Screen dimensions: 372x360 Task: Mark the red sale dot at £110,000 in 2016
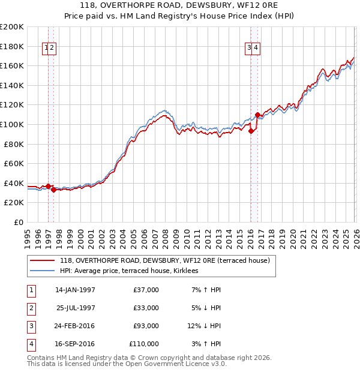tap(257, 115)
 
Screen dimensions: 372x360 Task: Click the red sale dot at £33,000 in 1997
tap(53, 190)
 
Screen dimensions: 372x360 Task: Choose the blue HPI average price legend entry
tap(133, 271)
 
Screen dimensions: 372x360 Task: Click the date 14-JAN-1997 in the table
tap(75, 290)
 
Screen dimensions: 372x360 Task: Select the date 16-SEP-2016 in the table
tap(75, 344)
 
